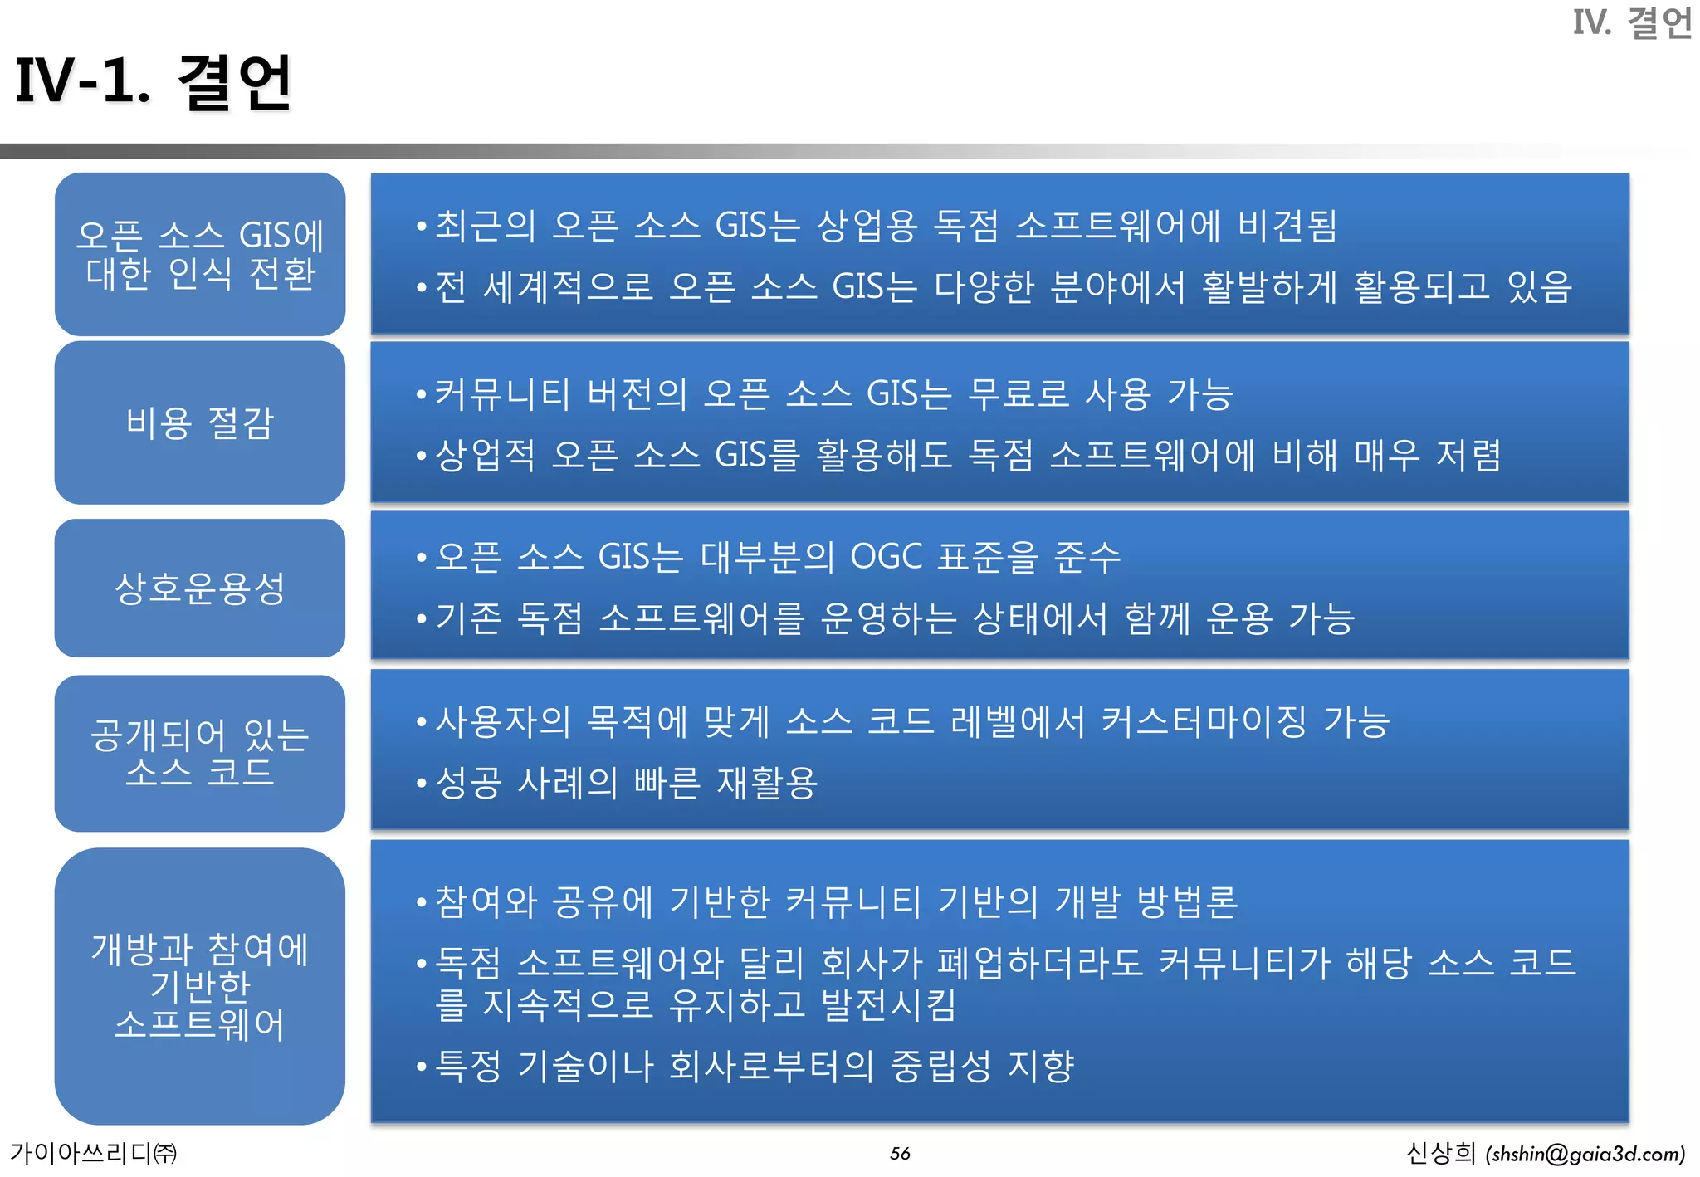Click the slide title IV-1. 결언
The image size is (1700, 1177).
click(154, 82)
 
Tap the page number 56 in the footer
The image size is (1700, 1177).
click(900, 1153)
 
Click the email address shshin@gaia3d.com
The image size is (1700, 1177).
click(1585, 1154)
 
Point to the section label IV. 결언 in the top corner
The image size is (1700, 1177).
click(1632, 22)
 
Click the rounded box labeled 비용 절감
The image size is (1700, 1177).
click(199, 422)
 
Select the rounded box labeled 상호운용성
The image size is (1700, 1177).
click(199, 588)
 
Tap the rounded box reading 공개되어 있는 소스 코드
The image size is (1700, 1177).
click(199, 753)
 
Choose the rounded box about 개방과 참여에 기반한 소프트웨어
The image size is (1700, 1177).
click(199, 986)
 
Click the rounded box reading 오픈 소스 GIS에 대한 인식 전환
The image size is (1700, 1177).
click(199, 254)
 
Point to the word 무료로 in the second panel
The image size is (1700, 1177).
click(1019, 394)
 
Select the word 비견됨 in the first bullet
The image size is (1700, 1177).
click(1287, 226)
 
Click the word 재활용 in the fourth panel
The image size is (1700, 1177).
click(767, 783)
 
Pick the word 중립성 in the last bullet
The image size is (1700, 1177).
click(940, 1066)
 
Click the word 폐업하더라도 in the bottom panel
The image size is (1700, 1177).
click(1039, 963)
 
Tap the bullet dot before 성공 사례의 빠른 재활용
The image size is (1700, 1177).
click(422, 783)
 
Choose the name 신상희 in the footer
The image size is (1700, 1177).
click(1440, 1153)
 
